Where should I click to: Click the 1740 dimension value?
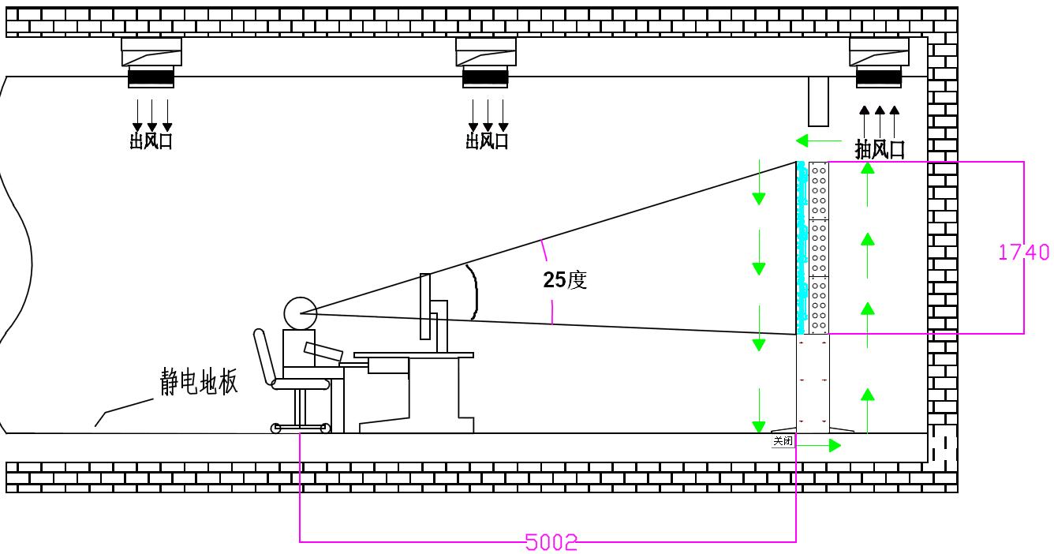(1023, 252)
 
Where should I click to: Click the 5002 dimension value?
(551, 542)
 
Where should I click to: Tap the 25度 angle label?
(565, 280)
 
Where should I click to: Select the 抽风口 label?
(880, 149)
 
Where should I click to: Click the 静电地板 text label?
(199, 382)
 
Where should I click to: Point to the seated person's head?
(300, 313)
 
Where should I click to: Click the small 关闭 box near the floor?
(783, 441)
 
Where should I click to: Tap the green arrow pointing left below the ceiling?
(817, 140)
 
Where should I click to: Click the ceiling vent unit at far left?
(151, 62)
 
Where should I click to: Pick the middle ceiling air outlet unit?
(486, 62)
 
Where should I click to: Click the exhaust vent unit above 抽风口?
(879, 62)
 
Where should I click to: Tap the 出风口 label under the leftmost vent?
(151, 141)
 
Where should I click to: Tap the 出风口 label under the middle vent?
(487, 141)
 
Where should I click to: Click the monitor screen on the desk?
(425, 306)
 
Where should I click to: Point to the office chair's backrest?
(263, 356)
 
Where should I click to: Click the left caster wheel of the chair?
(275, 429)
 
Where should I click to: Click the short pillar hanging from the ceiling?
(818, 101)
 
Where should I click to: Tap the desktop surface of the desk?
(413, 355)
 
